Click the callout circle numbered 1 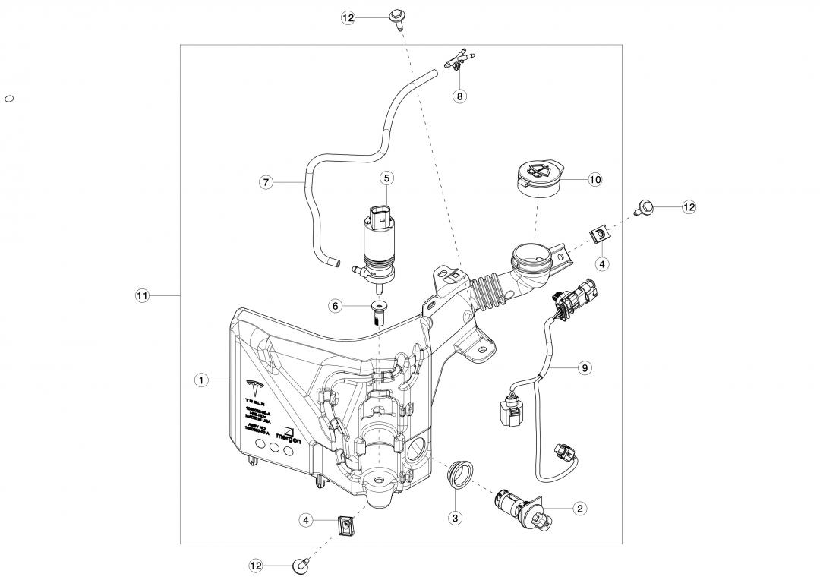pyautogui.click(x=201, y=380)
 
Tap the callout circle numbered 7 pyautogui.click(x=266, y=182)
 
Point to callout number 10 pyautogui.click(x=595, y=180)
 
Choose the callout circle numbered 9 pyautogui.click(x=584, y=368)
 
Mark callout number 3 pyautogui.click(x=455, y=519)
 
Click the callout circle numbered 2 pyautogui.click(x=580, y=509)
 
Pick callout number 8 pyautogui.click(x=460, y=96)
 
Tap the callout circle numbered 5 pyautogui.click(x=386, y=178)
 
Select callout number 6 pyautogui.click(x=335, y=305)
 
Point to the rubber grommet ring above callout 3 pyautogui.click(x=458, y=472)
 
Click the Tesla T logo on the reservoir pyautogui.click(x=254, y=383)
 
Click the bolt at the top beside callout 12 pyautogui.click(x=396, y=17)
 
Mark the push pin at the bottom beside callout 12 pyautogui.click(x=300, y=566)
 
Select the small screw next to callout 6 pyautogui.click(x=378, y=312)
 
